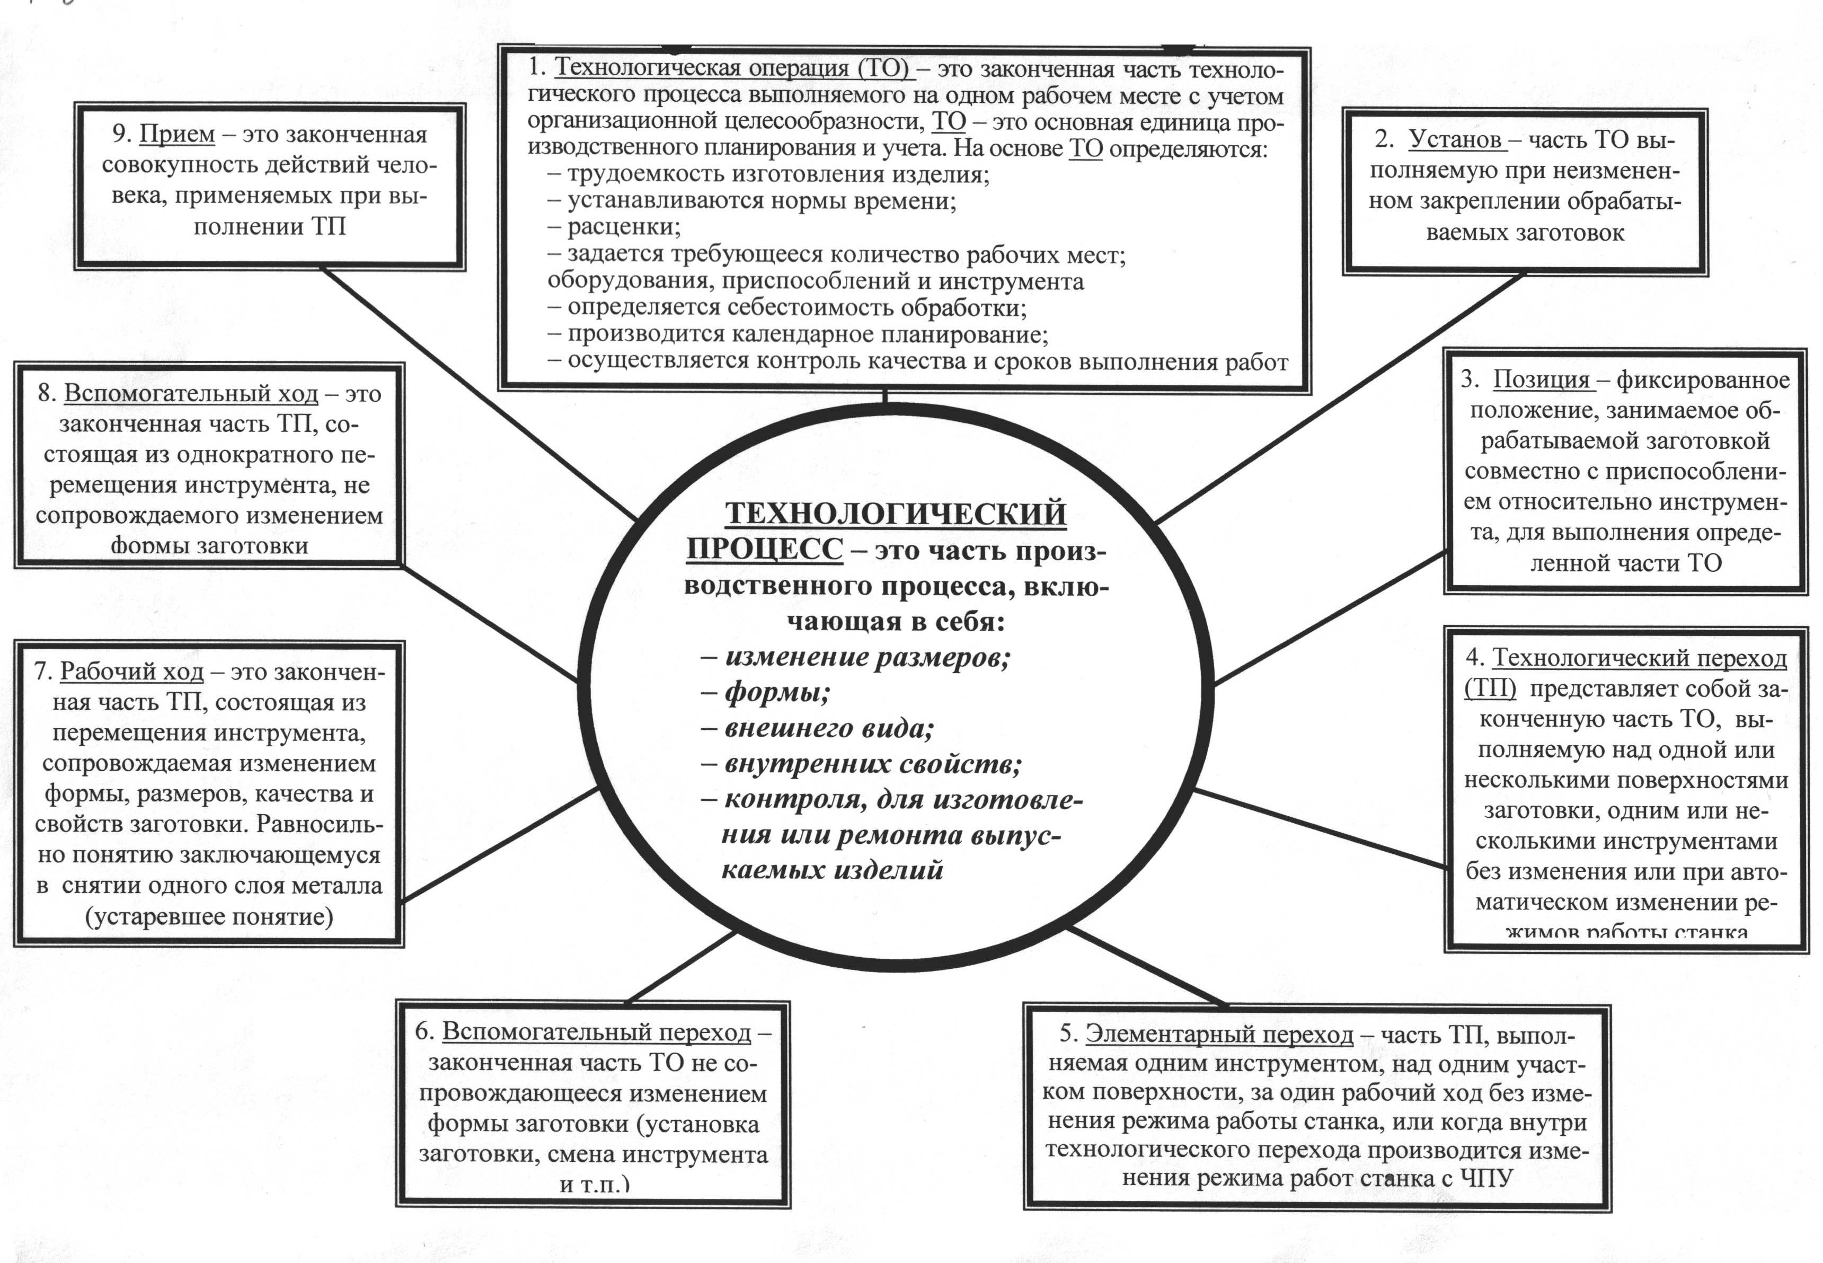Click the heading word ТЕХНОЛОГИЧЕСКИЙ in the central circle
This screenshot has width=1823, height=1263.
pyautogui.click(x=896, y=515)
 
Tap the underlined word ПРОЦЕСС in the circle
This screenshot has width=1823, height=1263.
pyautogui.click(x=764, y=550)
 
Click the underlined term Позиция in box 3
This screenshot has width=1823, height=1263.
pyautogui.click(x=1541, y=380)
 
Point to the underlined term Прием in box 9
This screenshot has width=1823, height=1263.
pyautogui.click(x=176, y=135)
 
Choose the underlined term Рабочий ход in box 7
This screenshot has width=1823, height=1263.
pyautogui.click(x=131, y=672)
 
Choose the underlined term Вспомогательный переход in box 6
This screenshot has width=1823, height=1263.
pyautogui.click(x=596, y=1032)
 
